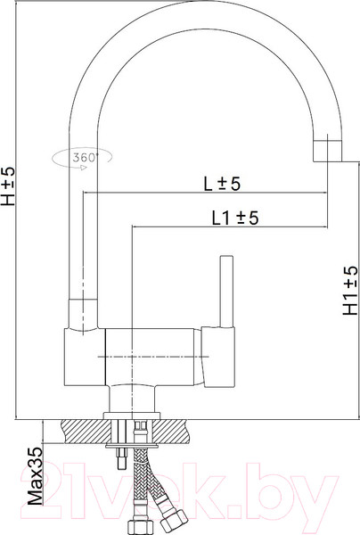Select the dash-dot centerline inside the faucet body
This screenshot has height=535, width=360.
143,358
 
